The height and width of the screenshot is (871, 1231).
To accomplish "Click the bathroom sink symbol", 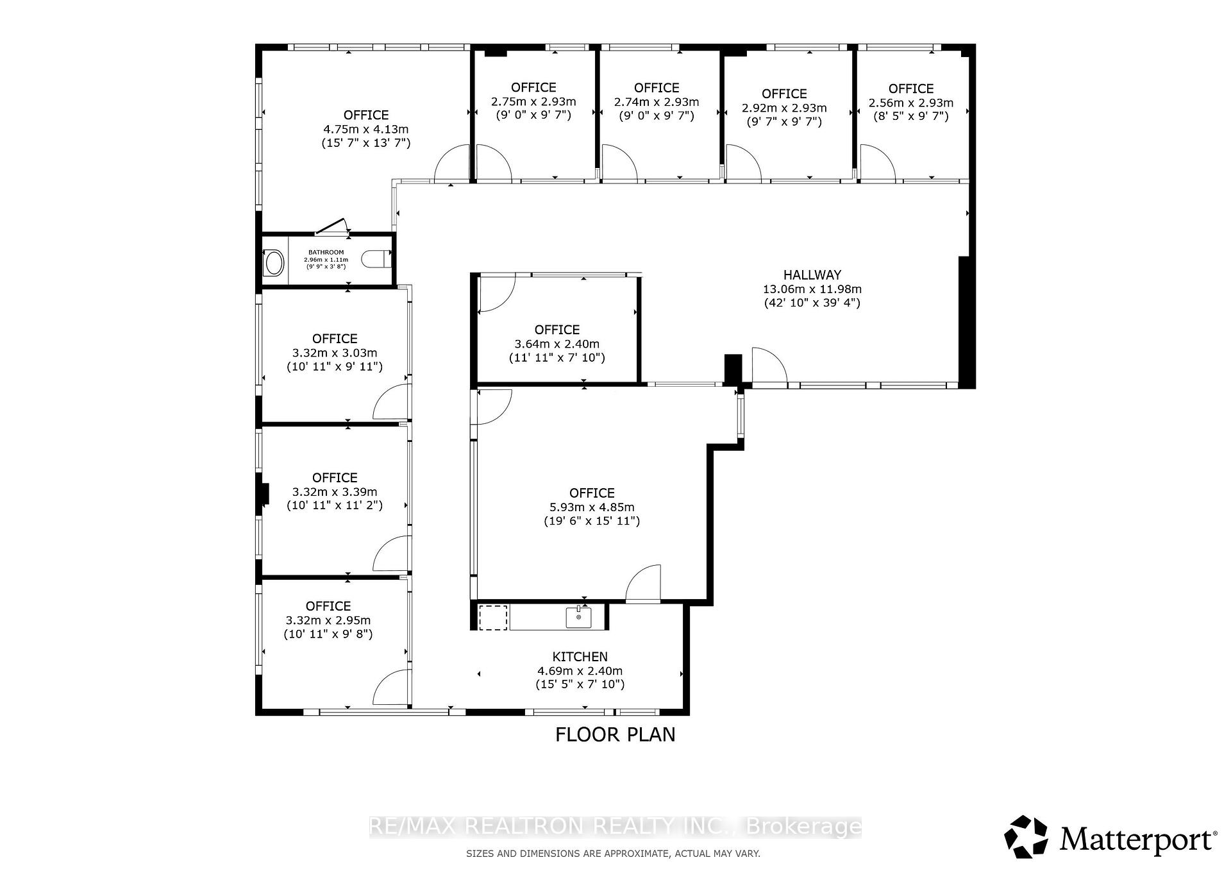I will [x=274, y=263].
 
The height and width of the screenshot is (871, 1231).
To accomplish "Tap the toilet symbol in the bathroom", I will [x=376, y=259].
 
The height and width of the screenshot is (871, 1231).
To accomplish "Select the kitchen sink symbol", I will [x=579, y=617].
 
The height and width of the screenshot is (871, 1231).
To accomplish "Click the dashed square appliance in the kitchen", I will [x=493, y=617].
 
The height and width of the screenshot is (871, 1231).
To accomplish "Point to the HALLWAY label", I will [x=812, y=275].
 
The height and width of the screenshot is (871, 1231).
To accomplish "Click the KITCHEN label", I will [x=580, y=657].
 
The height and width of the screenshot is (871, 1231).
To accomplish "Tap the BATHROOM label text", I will [x=326, y=252].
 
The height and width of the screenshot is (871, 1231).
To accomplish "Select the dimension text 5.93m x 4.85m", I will [x=592, y=507].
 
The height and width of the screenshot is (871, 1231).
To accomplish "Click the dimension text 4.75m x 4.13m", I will [x=365, y=129].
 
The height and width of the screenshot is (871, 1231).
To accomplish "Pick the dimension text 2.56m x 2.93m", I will [x=910, y=103].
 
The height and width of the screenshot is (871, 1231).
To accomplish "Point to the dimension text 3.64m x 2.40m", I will [x=557, y=344].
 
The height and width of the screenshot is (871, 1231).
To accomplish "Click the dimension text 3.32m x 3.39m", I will [x=335, y=492].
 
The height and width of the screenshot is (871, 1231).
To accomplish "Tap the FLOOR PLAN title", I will [x=615, y=734].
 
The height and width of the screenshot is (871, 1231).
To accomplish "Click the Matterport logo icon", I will [x=1026, y=836].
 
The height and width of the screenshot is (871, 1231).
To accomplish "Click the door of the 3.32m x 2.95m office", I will [x=391, y=688].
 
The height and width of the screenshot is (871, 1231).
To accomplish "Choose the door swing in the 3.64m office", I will [x=496, y=293].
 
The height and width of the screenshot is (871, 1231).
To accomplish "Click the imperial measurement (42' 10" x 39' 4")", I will [x=812, y=303].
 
